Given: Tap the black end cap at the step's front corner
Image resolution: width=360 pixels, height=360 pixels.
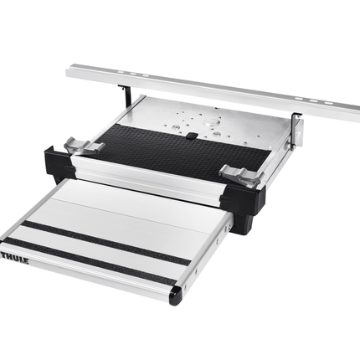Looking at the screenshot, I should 175,294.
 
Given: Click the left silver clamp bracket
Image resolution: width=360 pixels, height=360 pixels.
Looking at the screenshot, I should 83,147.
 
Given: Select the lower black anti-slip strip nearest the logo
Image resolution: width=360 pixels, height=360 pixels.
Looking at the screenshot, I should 92,259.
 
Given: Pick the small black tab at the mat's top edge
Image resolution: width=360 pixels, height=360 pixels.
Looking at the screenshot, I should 192,134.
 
